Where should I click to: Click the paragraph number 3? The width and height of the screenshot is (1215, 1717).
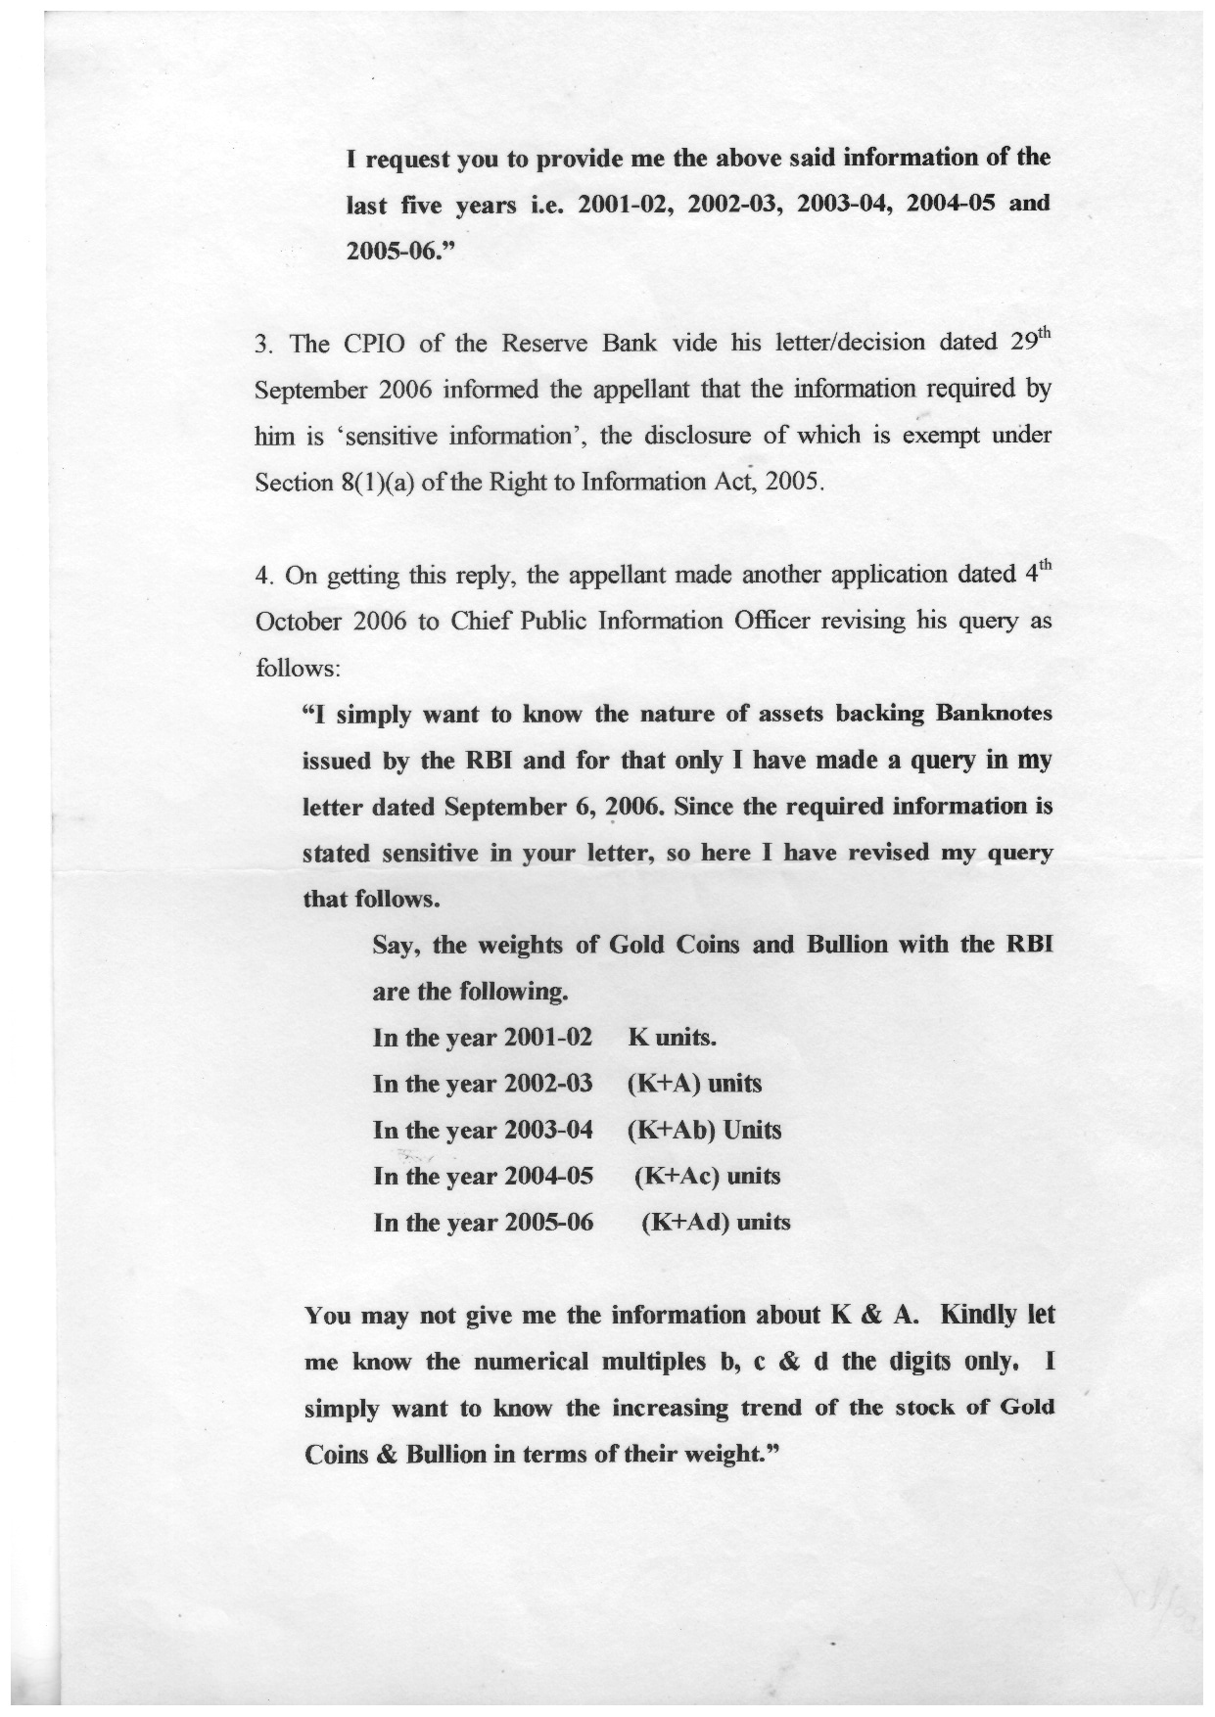click(261, 345)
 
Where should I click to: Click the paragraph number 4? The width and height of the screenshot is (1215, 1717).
click(261, 576)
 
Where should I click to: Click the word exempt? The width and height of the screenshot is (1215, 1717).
click(944, 437)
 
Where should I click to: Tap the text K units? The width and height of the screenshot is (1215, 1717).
click(674, 1038)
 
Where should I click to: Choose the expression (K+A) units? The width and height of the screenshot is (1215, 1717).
click(693, 1084)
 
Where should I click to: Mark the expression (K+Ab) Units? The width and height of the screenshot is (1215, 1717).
click(704, 1130)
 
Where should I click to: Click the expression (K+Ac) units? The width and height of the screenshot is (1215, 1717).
click(707, 1176)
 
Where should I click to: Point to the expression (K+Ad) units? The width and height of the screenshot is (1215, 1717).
click(715, 1222)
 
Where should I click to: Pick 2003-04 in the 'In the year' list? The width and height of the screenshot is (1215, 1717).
click(548, 1130)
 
